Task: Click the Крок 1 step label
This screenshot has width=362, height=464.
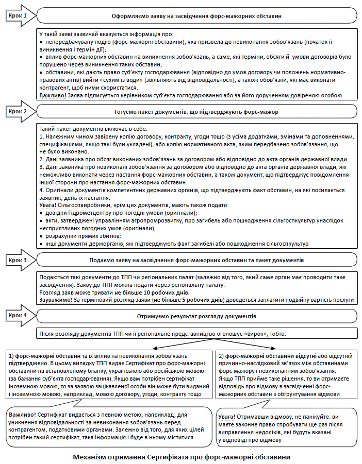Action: (18, 15)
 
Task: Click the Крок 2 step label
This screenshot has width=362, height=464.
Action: (18, 111)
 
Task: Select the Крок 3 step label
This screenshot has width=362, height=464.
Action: (18, 260)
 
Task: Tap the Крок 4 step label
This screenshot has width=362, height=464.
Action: (18, 314)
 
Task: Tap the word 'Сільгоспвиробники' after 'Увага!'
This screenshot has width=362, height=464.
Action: (85, 205)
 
